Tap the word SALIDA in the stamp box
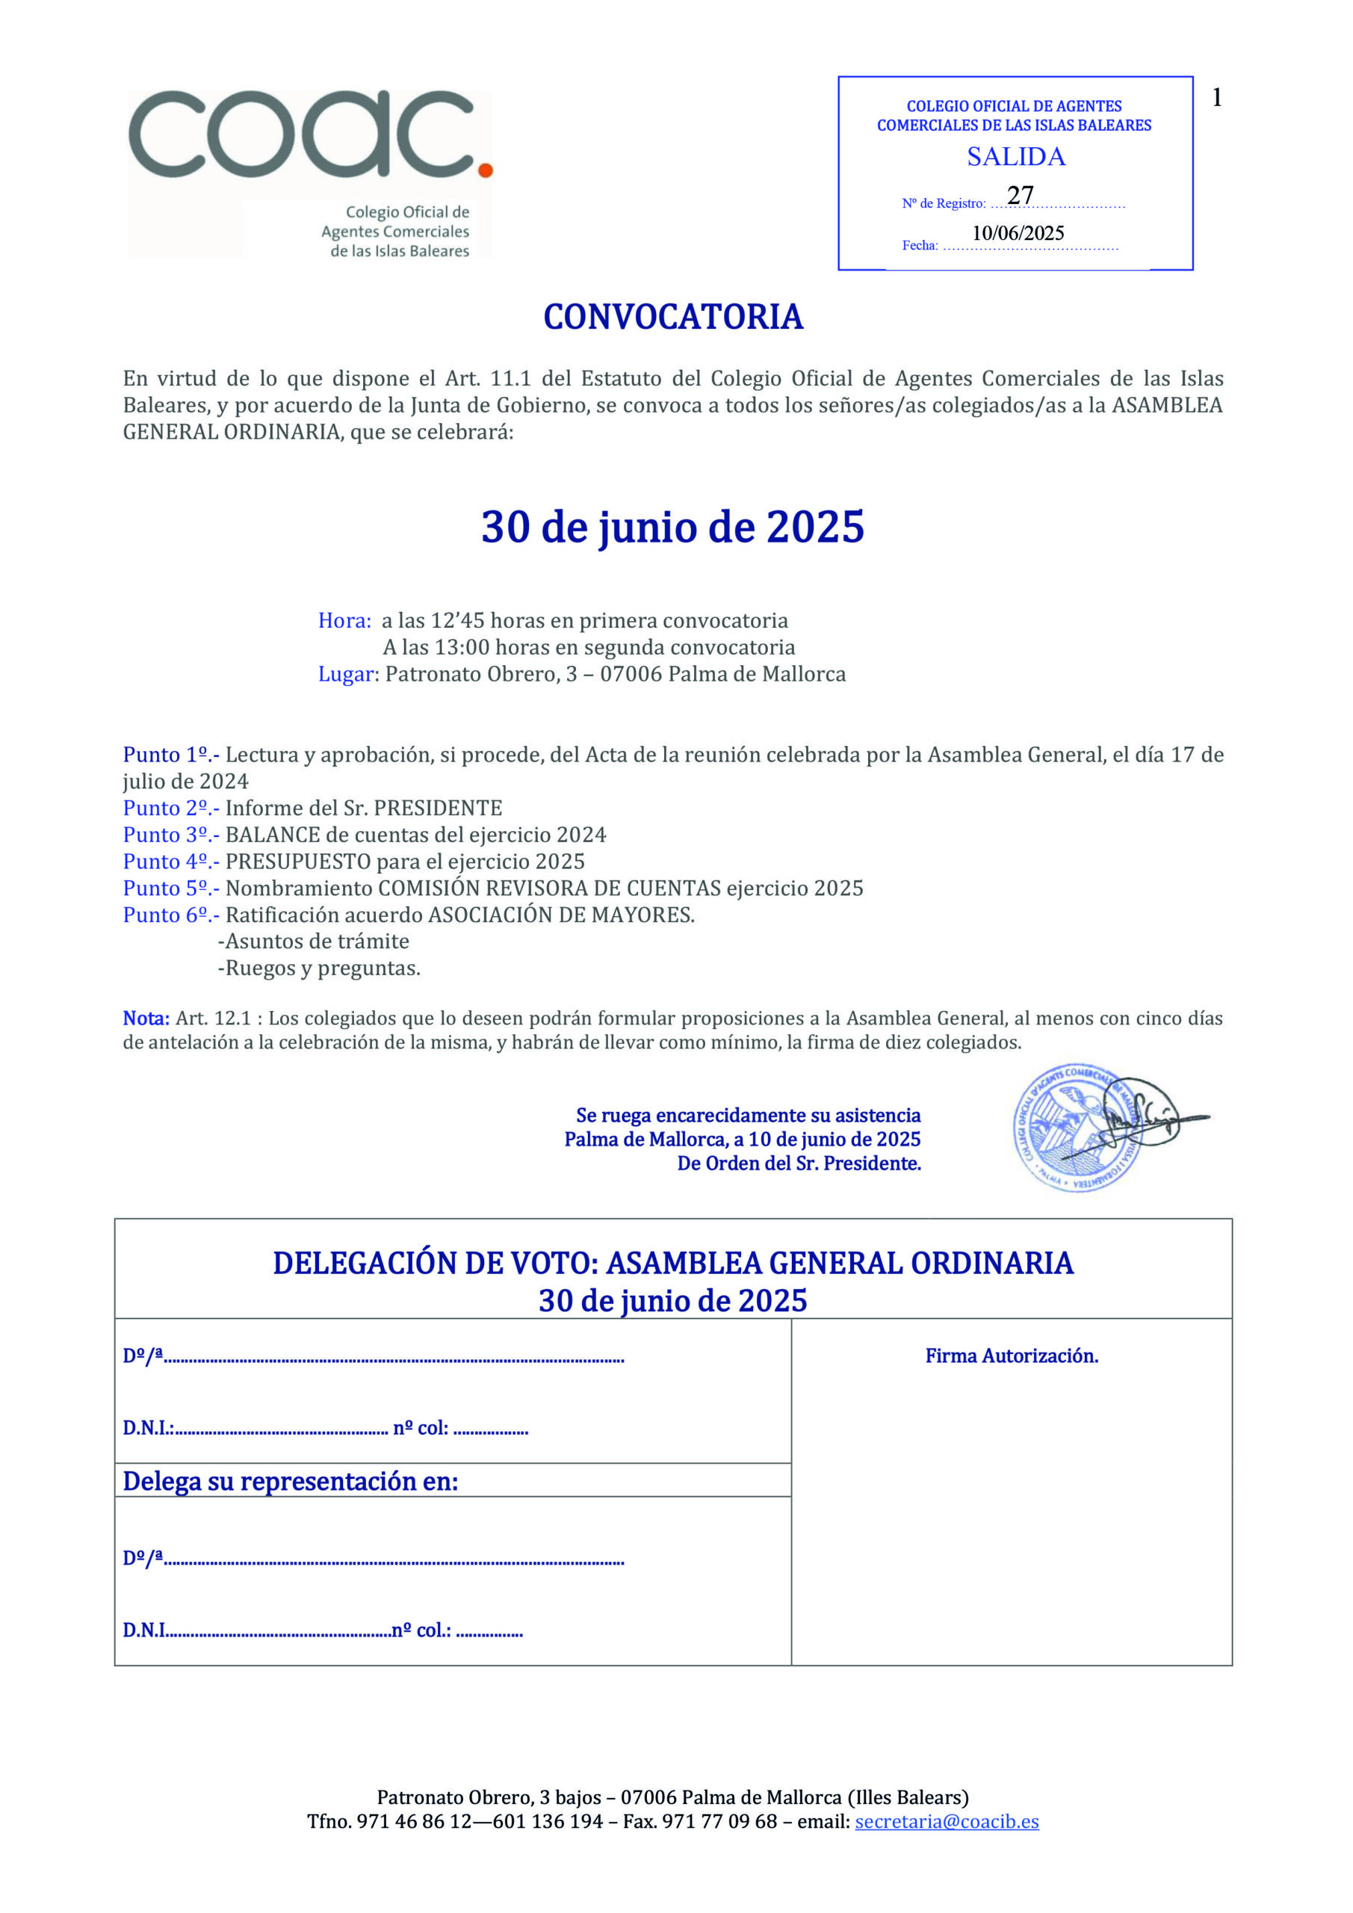(x=1015, y=157)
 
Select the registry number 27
(x=1020, y=195)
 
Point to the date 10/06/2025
(x=1018, y=233)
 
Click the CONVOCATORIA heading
(x=673, y=318)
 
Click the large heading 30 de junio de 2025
(x=673, y=528)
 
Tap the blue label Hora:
(x=344, y=621)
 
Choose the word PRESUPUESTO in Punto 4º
(x=297, y=862)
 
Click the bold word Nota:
(x=146, y=1019)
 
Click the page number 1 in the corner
(x=1217, y=99)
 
